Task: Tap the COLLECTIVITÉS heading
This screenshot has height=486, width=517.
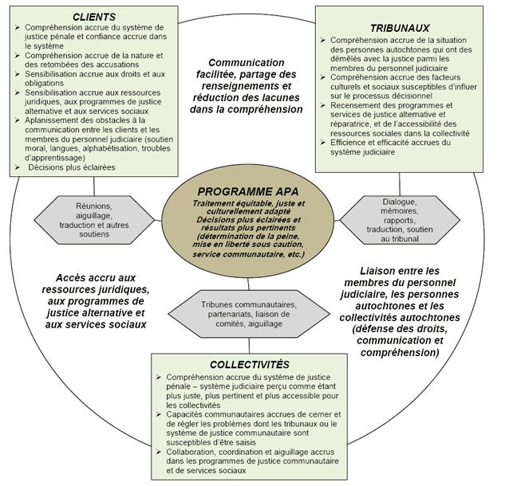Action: pyautogui.click(x=249, y=363)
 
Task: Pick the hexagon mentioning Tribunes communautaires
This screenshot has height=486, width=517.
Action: pyautogui.click(x=248, y=315)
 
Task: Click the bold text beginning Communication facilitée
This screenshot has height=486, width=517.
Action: pyautogui.click(x=246, y=85)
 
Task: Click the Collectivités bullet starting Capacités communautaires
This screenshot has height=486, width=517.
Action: pyautogui.click(x=251, y=429)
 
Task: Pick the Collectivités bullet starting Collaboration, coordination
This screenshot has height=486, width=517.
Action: pyautogui.click(x=251, y=461)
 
